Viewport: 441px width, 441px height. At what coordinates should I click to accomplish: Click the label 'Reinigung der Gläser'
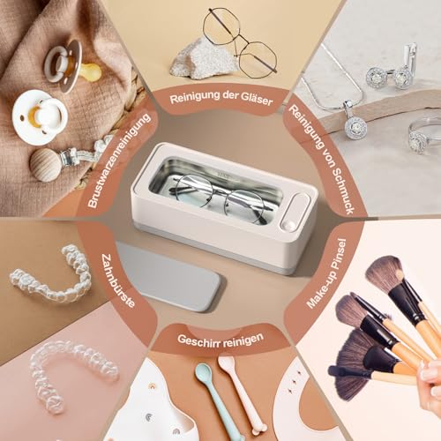coord(221,98)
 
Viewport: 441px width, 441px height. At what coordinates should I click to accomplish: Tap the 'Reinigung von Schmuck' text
coord(322,159)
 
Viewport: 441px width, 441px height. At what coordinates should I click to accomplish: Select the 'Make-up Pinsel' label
coord(326,273)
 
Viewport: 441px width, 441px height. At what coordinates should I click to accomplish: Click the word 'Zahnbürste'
coord(118,280)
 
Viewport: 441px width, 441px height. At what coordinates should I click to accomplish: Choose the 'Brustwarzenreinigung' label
coord(119,161)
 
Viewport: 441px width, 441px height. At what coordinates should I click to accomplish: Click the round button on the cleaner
coord(289,226)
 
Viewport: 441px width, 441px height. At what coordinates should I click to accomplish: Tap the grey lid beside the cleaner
coord(168,276)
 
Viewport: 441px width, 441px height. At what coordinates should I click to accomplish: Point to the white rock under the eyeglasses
coord(203,59)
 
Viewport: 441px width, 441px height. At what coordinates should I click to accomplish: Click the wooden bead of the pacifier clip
coord(46,165)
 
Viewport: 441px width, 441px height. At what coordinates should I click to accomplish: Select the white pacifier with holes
coord(40,117)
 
